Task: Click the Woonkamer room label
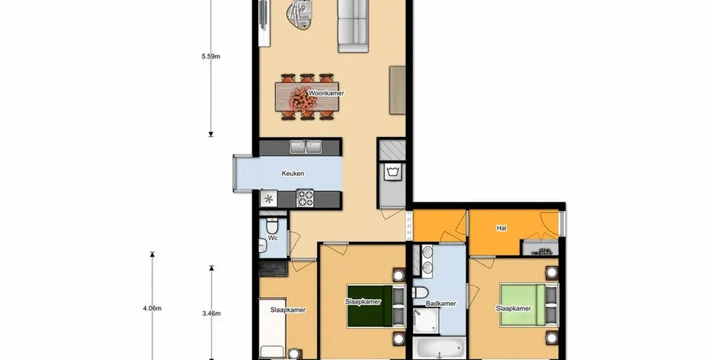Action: pyautogui.click(x=326, y=93)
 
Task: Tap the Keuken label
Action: pyautogui.click(x=293, y=174)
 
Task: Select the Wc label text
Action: pyautogui.click(x=273, y=238)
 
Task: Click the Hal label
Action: pyautogui.click(x=501, y=229)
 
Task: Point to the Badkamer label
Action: pyautogui.click(x=441, y=304)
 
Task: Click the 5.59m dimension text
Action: pyautogui.click(x=211, y=57)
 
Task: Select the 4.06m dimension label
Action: pyautogui.click(x=153, y=308)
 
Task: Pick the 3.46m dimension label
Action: pyautogui.click(x=211, y=313)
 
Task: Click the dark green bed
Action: pyautogui.click(x=370, y=306)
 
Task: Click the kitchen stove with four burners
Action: pyautogui.click(x=305, y=198)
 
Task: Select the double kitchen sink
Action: pyautogui.click(x=306, y=147)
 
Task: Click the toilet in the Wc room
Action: pyautogui.click(x=271, y=225)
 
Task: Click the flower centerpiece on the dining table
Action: pyautogui.click(x=303, y=99)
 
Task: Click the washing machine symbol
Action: pyautogui.click(x=391, y=172)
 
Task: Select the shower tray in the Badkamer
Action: pyautogui.click(x=426, y=321)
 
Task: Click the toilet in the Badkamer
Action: pyautogui.click(x=420, y=293)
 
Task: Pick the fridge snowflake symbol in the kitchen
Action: pyautogui.click(x=268, y=199)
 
